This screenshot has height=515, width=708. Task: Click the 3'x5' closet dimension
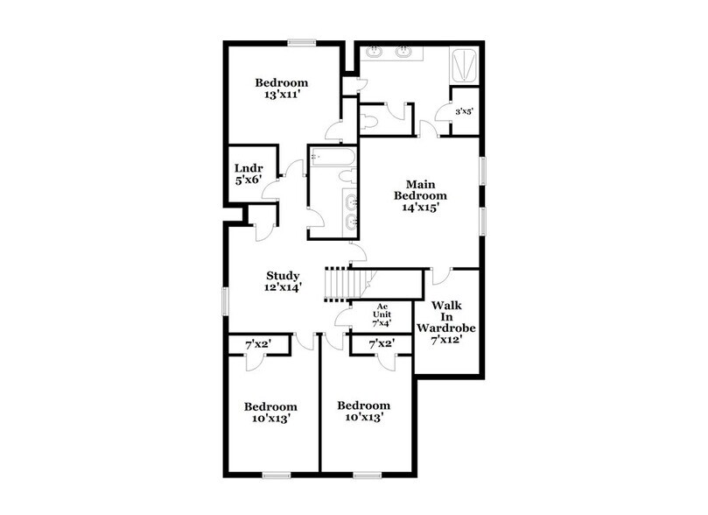click(464, 111)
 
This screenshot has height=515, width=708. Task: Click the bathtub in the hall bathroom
click(332, 159)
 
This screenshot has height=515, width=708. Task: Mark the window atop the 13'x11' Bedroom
click(303, 42)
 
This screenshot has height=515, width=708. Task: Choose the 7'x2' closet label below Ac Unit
click(381, 345)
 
